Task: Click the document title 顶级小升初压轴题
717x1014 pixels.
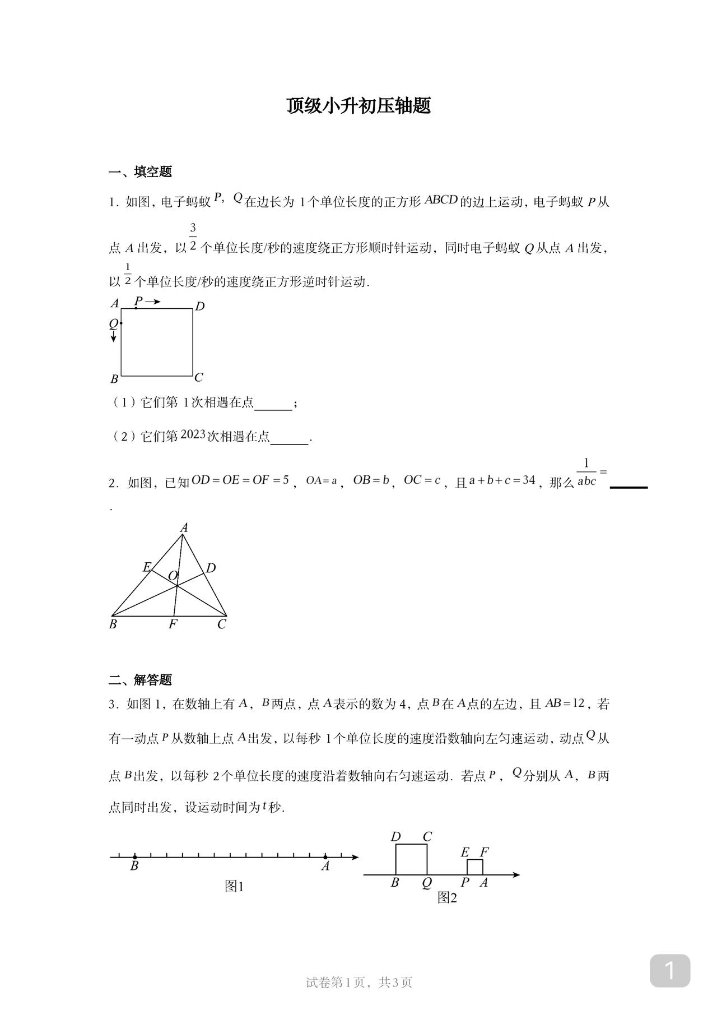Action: point(358,106)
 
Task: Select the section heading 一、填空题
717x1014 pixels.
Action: point(140,172)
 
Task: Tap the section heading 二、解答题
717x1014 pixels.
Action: point(140,680)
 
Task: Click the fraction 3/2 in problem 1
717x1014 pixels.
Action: point(193,237)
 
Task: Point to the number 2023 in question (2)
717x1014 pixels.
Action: point(193,435)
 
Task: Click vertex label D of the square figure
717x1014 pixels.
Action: point(199,306)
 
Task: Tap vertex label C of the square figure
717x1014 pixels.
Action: point(199,377)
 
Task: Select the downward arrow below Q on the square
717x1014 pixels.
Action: point(114,336)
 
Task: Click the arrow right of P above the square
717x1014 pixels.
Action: point(152,302)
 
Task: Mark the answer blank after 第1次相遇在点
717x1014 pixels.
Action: point(273,404)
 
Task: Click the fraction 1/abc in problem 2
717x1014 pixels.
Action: point(586,473)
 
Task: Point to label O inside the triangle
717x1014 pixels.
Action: point(173,576)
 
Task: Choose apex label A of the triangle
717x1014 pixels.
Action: point(184,527)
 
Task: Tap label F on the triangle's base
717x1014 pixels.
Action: point(173,624)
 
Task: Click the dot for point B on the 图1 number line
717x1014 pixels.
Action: point(135,856)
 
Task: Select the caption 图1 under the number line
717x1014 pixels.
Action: point(234,886)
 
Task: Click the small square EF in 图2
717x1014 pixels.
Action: point(475,867)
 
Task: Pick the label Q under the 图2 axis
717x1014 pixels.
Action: point(427,883)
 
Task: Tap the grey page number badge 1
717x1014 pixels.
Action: point(669,971)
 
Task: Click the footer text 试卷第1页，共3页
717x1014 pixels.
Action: point(358,982)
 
